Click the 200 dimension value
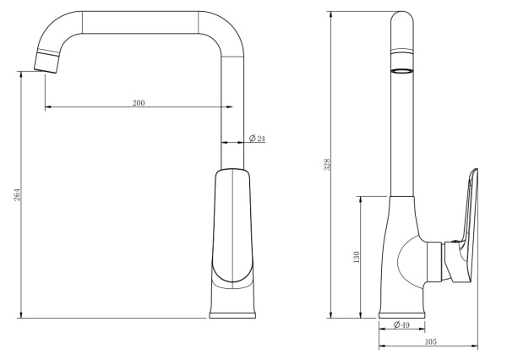point(139,102)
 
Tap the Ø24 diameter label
point(258,138)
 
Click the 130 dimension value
point(357,256)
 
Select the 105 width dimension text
point(430,341)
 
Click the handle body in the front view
point(233,224)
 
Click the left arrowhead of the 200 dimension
point(46,107)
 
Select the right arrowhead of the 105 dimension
point(476,346)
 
